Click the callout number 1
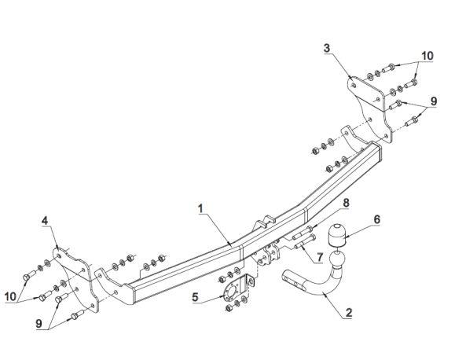pos(201,208)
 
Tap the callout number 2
pos(349,312)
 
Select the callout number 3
pos(327,48)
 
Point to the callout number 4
pos(45,221)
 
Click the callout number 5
pos(195,296)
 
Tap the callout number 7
pos(320,257)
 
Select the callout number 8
pos(346,203)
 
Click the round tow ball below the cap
pos(336,259)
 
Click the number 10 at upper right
pos(427,56)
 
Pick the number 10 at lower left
pos(10,296)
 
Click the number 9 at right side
pos(434,101)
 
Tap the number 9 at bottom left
pos(39,323)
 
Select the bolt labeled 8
pos(303,233)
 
